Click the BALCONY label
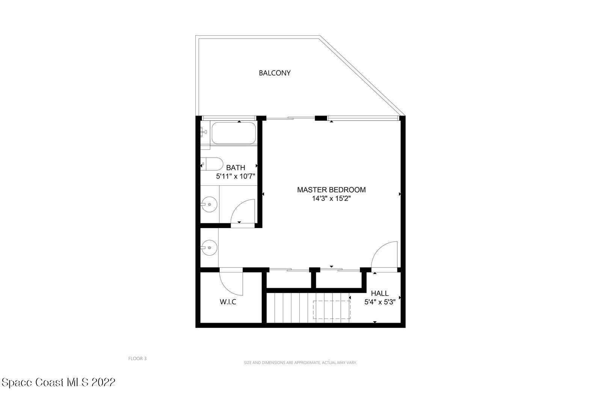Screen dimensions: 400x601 (x=275, y=73)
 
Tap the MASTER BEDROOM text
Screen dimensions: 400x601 (x=331, y=190)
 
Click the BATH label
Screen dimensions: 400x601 (x=236, y=168)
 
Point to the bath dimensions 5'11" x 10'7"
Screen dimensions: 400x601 (x=236, y=176)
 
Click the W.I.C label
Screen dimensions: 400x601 (x=228, y=302)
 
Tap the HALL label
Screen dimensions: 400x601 (x=380, y=293)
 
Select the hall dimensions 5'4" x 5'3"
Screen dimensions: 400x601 (x=380, y=302)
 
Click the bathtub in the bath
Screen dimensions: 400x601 (x=234, y=133)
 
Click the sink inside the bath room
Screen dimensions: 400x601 (x=209, y=205)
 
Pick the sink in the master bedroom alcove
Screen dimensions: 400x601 (x=209, y=247)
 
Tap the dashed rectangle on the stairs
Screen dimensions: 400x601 (x=331, y=310)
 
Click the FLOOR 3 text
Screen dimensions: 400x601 (x=137, y=358)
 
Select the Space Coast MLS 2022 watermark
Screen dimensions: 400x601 (x=59, y=382)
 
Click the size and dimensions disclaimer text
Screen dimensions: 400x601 (x=300, y=362)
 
